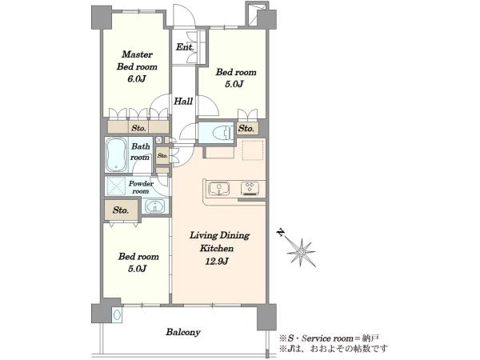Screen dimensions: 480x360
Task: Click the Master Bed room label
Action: coord(137,61)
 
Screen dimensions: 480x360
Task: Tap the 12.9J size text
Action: coord(217,261)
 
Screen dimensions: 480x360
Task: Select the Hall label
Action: coord(183,101)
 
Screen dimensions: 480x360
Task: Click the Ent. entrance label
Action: coord(185,47)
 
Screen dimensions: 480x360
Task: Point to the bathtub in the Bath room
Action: coord(116,154)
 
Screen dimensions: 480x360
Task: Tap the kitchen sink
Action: coord(219,188)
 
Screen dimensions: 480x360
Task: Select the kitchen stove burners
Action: coord(250,188)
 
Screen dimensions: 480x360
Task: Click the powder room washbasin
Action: coord(155,206)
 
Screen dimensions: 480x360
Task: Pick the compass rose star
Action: coord(302,252)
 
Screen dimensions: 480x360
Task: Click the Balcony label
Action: coord(183,332)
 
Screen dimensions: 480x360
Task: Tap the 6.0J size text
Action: coord(136,78)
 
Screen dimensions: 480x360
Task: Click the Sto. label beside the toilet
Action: coord(246,128)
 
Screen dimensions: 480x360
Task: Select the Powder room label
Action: coord(141,187)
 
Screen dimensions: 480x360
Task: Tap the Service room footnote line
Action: coord(329,338)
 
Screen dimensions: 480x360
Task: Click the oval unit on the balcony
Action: coord(117,314)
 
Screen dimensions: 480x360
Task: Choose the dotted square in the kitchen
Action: coord(253,150)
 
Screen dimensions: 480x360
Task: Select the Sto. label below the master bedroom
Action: coord(138,128)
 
